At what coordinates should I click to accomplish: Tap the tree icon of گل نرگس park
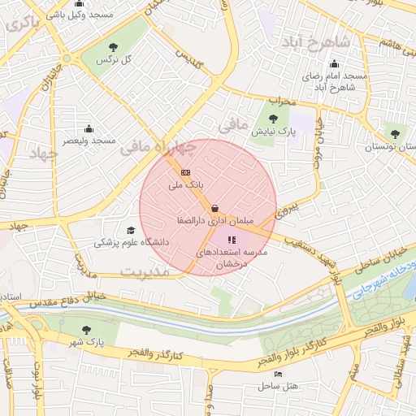tap(113, 47)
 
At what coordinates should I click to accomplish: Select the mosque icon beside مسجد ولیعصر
tap(89, 128)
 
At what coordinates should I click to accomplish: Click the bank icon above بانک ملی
tap(185, 172)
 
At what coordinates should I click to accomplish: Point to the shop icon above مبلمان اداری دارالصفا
tap(214, 208)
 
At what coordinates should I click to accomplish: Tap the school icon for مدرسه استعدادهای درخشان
tap(232, 240)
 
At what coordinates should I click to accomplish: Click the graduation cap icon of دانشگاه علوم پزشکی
tap(131, 230)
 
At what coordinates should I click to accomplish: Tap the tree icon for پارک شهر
tap(87, 330)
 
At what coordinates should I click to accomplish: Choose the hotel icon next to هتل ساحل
tap(279, 374)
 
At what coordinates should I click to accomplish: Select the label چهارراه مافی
tap(158, 147)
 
